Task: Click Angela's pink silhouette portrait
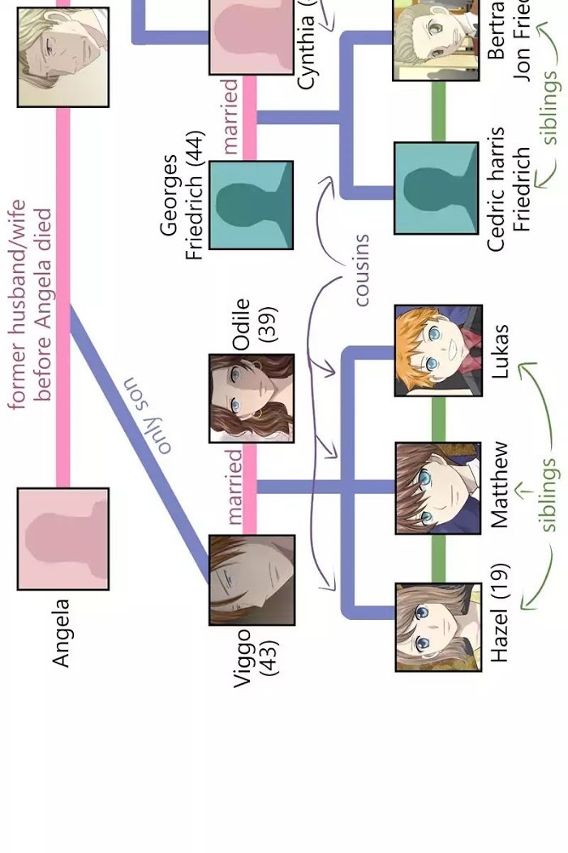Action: [x=62, y=539]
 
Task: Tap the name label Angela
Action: [x=62, y=633]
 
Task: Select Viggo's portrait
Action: [x=252, y=580]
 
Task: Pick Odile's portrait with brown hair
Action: [x=252, y=398]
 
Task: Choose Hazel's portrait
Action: [x=438, y=627]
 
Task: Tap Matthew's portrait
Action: [x=438, y=488]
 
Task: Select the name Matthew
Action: [x=500, y=484]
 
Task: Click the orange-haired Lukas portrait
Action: [x=438, y=351]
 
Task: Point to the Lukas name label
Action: [x=500, y=351]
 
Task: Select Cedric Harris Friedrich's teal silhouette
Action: [x=436, y=188]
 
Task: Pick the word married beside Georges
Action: [x=230, y=116]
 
